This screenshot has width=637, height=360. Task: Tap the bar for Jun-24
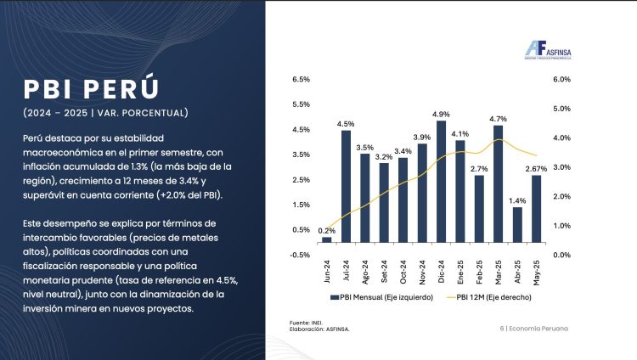326,239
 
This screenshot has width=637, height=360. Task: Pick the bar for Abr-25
517,225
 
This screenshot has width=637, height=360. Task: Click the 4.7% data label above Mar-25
499,119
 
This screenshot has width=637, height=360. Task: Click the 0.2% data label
326,231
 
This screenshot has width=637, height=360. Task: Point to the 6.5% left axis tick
301,80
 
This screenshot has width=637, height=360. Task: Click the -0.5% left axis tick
300,255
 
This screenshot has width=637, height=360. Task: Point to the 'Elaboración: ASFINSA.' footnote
319,329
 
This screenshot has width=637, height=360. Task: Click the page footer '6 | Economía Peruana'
533,328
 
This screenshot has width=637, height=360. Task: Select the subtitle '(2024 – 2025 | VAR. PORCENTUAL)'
105,112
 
